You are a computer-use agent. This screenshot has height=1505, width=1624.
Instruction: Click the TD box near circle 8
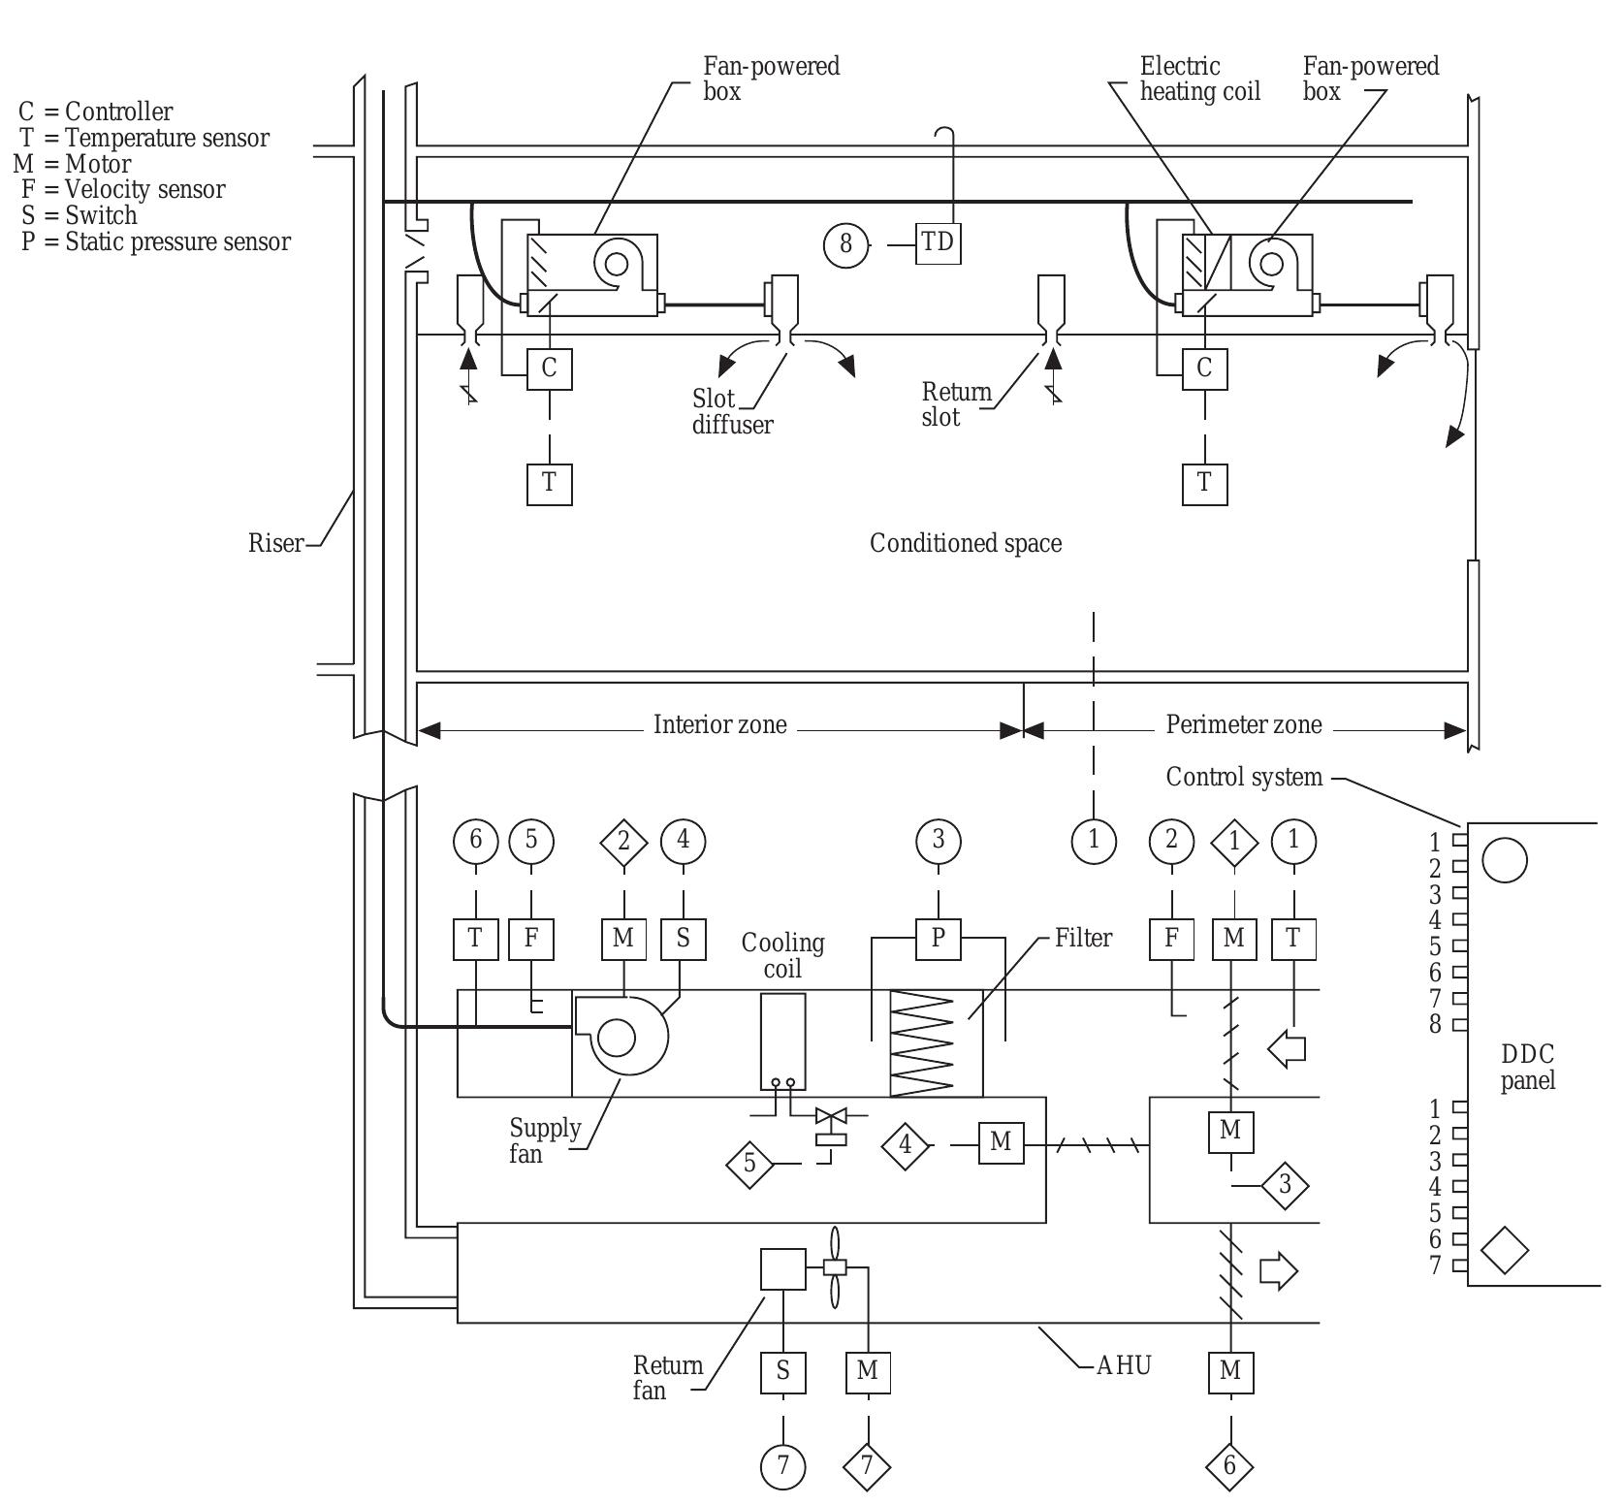tap(938, 243)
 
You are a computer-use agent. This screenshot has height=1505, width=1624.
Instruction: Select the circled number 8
tap(845, 243)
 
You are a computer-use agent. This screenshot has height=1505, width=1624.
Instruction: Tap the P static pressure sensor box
tap(938, 938)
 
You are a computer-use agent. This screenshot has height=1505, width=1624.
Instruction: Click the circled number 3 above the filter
tap(938, 840)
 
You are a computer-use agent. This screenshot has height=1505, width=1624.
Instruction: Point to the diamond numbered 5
tap(749, 1162)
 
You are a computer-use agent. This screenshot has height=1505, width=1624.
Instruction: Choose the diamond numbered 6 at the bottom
tap(1229, 1465)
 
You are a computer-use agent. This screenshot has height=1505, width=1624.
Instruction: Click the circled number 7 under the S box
tap(782, 1466)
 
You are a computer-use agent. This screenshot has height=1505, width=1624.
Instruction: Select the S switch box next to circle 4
tap(684, 938)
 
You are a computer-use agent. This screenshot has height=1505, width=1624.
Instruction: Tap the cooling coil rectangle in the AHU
tap(782, 1041)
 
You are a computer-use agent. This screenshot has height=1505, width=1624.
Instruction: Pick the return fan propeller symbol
tap(835, 1266)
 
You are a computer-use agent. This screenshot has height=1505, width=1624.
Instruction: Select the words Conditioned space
tap(965, 543)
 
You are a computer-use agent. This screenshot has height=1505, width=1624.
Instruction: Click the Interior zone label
tap(719, 724)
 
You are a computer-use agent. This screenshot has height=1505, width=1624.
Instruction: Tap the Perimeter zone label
tap(1243, 724)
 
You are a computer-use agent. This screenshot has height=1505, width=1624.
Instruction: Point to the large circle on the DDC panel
tap(1505, 859)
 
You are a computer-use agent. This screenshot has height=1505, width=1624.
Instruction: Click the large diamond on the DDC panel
tap(1505, 1250)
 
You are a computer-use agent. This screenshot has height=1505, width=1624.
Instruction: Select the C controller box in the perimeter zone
tap(1204, 368)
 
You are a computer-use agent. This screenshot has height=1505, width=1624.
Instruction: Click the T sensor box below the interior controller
tap(549, 482)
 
